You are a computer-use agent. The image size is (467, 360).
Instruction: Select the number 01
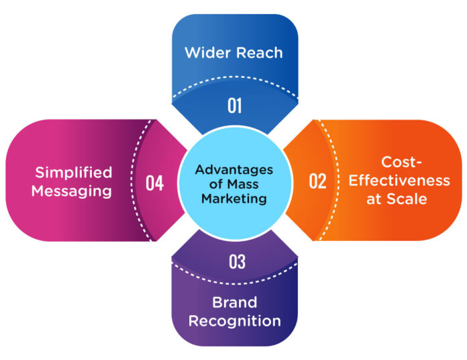234,105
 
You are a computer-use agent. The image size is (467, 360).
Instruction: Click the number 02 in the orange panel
317,181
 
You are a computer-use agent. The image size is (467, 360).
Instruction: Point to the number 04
154,182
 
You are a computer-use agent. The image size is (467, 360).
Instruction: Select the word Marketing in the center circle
232,198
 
